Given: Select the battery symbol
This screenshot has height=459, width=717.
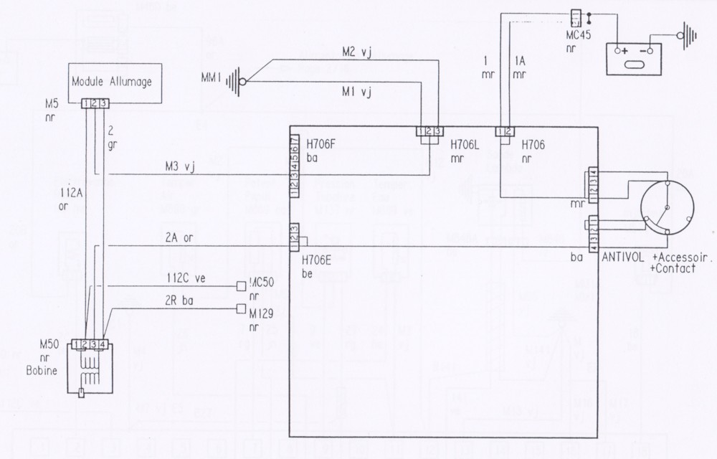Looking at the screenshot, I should click(x=632, y=57).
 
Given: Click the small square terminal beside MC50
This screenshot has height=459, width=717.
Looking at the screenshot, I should click(x=241, y=287).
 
